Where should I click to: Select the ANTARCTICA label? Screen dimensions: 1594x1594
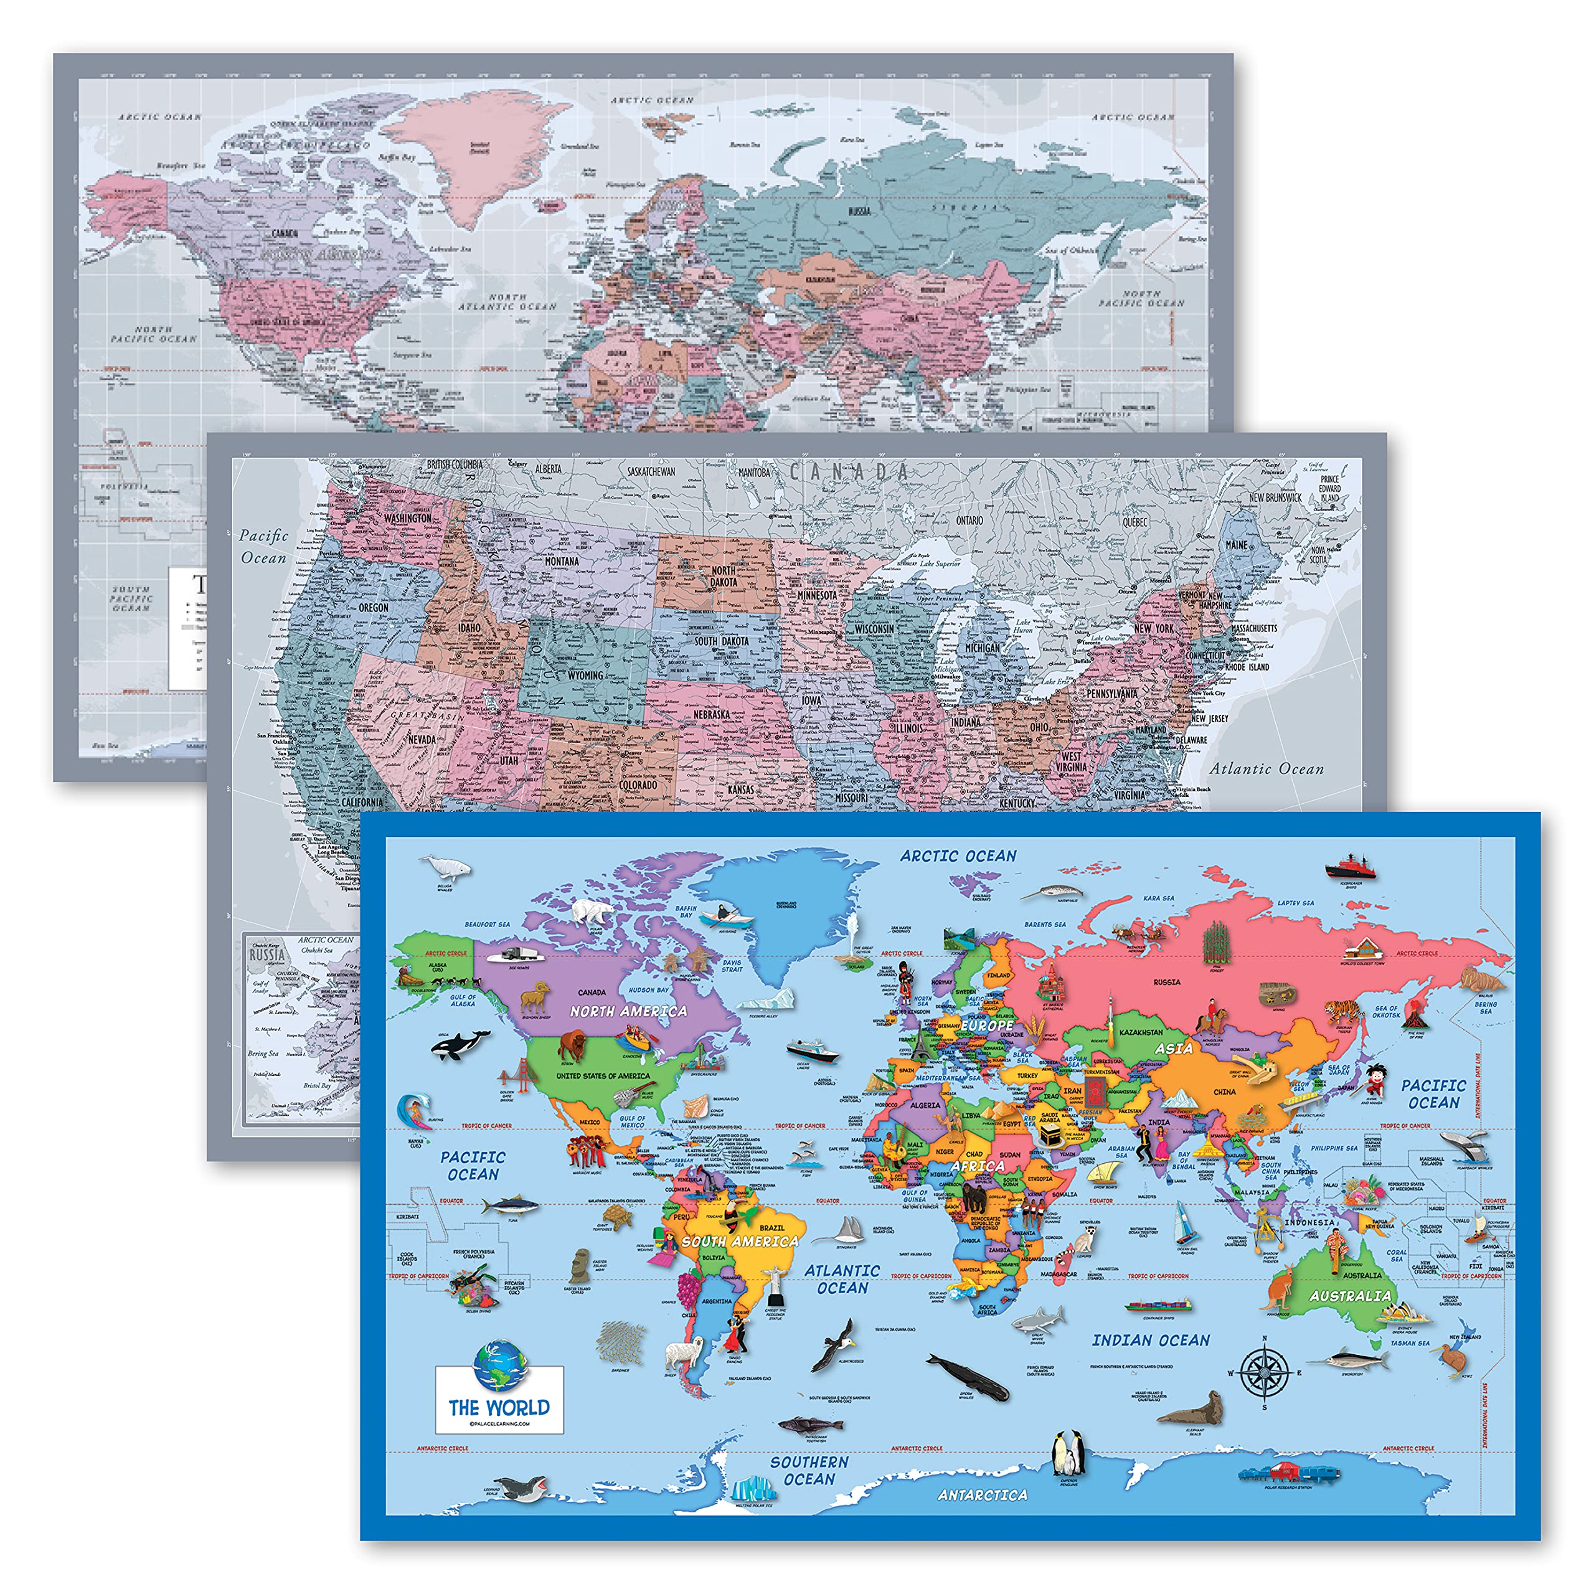982,1494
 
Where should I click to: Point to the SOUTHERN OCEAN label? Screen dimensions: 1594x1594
809,1470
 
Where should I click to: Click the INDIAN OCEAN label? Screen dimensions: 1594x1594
1150,1341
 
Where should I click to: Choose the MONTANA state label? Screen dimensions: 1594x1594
561,561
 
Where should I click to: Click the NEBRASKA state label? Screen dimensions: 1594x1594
710,714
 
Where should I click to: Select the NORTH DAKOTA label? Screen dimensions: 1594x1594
723,576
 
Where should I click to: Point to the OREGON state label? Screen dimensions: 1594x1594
373,607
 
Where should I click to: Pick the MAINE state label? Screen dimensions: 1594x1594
1236,545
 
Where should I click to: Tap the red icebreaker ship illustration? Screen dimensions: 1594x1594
1351,867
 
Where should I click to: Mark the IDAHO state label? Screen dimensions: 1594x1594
469,627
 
